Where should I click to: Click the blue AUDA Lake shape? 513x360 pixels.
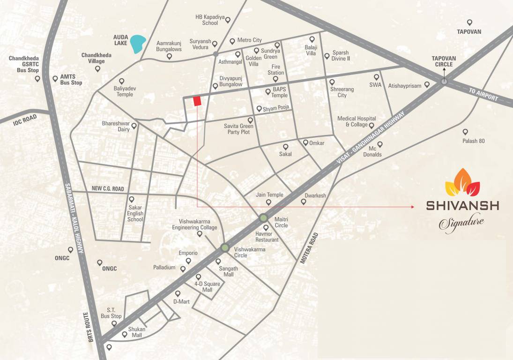(138, 44)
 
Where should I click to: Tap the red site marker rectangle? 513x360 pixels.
(197, 101)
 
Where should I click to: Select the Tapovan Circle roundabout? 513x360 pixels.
(444, 82)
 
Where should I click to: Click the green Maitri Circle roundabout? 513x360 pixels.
(263, 218)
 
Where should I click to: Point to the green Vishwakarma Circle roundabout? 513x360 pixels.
(225, 248)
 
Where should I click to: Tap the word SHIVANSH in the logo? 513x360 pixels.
(462, 205)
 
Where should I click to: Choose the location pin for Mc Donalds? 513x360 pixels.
(380, 144)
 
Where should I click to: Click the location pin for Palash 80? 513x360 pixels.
(465, 132)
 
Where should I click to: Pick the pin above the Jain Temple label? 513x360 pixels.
(268, 202)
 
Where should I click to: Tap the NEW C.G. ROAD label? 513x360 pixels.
(108, 188)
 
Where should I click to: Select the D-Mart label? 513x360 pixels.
(181, 301)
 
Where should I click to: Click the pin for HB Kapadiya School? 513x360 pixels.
(228, 20)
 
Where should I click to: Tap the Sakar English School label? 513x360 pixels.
(135, 213)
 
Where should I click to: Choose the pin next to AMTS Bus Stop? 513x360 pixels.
(55, 78)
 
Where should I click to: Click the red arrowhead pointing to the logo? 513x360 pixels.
(412, 206)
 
